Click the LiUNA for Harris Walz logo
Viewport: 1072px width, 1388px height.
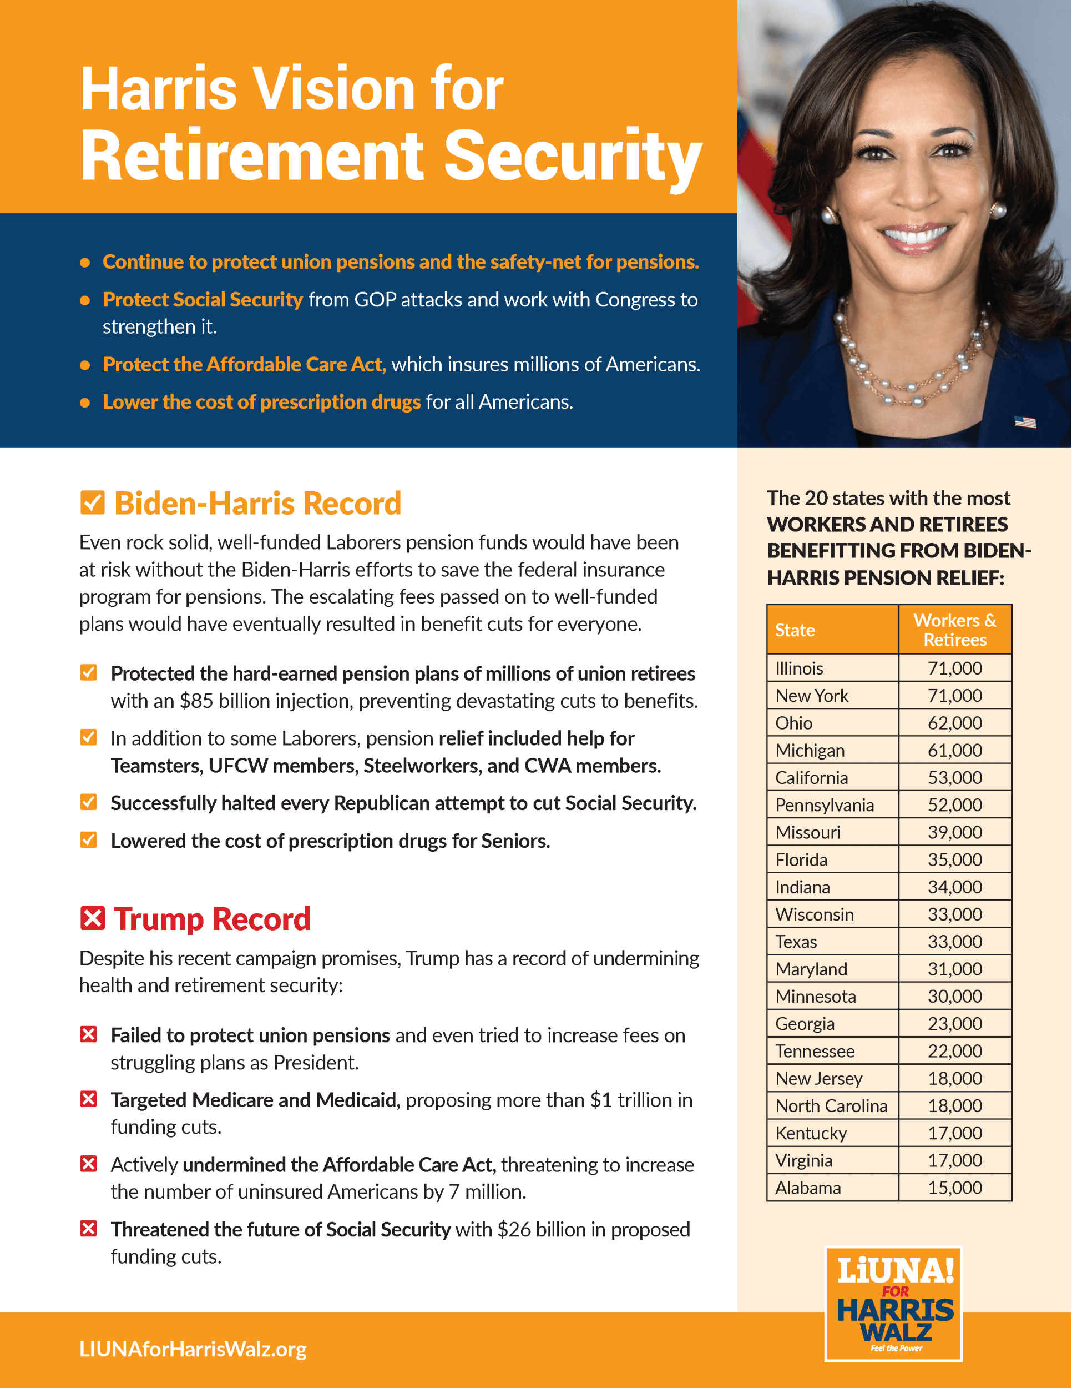click(x=893, y=1304)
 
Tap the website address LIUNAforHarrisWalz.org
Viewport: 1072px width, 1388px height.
click(x=193, y=1349)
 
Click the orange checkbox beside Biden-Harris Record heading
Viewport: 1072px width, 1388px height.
click(x=93, y=502)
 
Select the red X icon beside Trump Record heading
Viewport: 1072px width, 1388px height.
click(x=93, y=918)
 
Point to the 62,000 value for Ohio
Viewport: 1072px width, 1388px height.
click(x=954, y=723)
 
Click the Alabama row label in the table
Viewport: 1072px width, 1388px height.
click(x=808, y=1187)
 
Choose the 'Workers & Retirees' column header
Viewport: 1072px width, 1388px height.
click(x=954, y=629)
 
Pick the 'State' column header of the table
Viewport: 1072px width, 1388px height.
click(x=795, y=630)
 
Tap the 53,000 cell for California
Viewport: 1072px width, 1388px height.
click(x=954, y=777)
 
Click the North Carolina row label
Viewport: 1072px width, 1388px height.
click(x=831, y=1105)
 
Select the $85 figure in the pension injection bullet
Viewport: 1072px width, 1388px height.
click(x=196, y=700)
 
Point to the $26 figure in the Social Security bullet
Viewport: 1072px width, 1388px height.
click(x=514, y=1229)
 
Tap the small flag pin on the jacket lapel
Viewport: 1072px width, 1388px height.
click(x=1025, y=422)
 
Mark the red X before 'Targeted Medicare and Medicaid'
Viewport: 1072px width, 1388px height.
click(x=89, y=1099)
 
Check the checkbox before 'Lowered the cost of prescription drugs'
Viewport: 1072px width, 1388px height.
click(x=89, y=840)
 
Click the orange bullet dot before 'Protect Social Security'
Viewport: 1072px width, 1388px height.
click(x=85, y=300)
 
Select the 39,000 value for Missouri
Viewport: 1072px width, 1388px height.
click(x=954, y=832)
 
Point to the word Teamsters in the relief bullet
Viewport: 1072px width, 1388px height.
click(x=155, y=765)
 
